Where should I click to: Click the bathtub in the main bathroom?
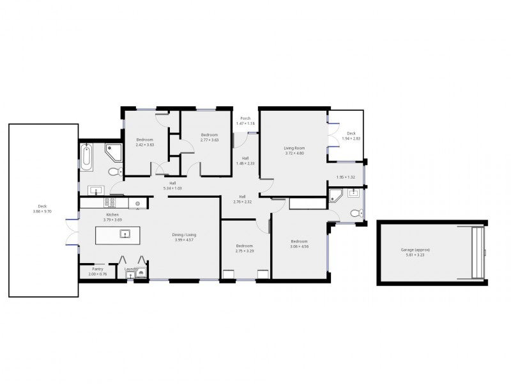coord(87,157)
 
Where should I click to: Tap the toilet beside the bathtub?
coord(114,171)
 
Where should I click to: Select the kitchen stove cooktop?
coord(110,203)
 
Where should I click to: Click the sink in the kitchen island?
coord(123,234)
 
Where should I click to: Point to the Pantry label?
coord(98,269)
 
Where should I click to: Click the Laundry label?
coord(131,269)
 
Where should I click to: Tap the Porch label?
coord(245,118)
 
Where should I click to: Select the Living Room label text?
coord(294,148)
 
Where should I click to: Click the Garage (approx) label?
coord(415,250)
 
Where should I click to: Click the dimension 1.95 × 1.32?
coord(346,177)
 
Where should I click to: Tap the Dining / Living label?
coord(184,235)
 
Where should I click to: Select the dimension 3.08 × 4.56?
coord(300,246)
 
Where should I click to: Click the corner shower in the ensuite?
coord(336,195)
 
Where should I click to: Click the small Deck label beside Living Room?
coord(351,134)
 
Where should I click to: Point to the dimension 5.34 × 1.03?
coord(173,188)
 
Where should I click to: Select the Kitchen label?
coord(112,214)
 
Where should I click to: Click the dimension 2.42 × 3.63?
coord(144,145)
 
